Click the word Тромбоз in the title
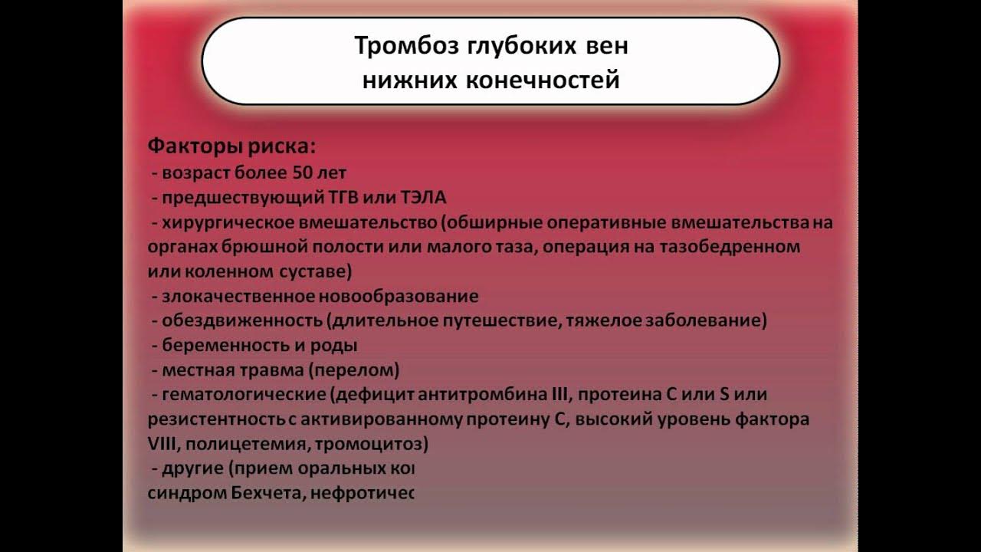point(402,46)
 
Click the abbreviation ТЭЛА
point(422,198)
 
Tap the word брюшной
point(258,248)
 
